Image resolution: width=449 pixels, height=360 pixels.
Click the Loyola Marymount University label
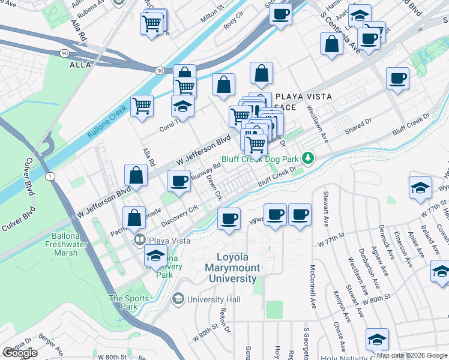coord(232,268)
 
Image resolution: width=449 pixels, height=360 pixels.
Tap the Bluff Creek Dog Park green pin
coord(308,158)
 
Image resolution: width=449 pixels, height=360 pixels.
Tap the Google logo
coord(20,353)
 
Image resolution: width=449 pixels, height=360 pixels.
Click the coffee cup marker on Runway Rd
coord(179,181)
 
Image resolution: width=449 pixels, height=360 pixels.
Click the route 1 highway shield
coord(49,176)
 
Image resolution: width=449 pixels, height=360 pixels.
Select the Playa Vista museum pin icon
coord(139,240)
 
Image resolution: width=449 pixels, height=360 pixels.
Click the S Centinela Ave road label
coord(340,33)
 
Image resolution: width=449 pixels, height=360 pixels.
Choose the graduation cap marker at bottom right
coord(377,340)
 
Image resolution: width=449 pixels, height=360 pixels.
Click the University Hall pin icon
coord(178,299)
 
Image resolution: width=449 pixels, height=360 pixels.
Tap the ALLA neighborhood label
coord(80,64)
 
